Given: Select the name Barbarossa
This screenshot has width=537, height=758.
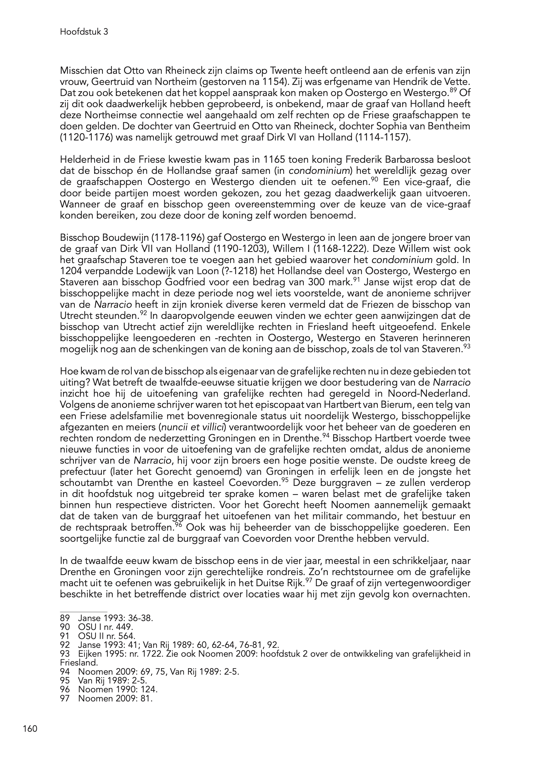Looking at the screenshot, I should [x=411, y=160].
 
